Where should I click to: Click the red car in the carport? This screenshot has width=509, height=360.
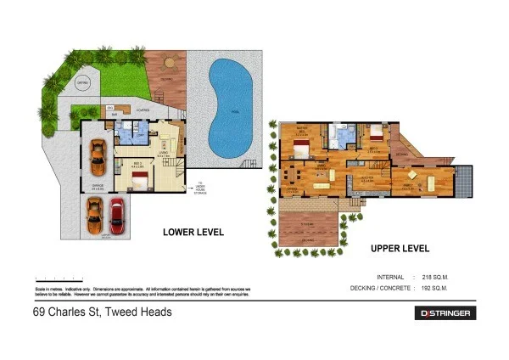[x=115, y=219]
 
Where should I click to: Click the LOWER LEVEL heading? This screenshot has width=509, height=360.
[x=193, y=231]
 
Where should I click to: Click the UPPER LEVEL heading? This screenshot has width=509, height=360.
[x=400, y=249]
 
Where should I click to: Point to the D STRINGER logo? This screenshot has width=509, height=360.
[x=446, y=313]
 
